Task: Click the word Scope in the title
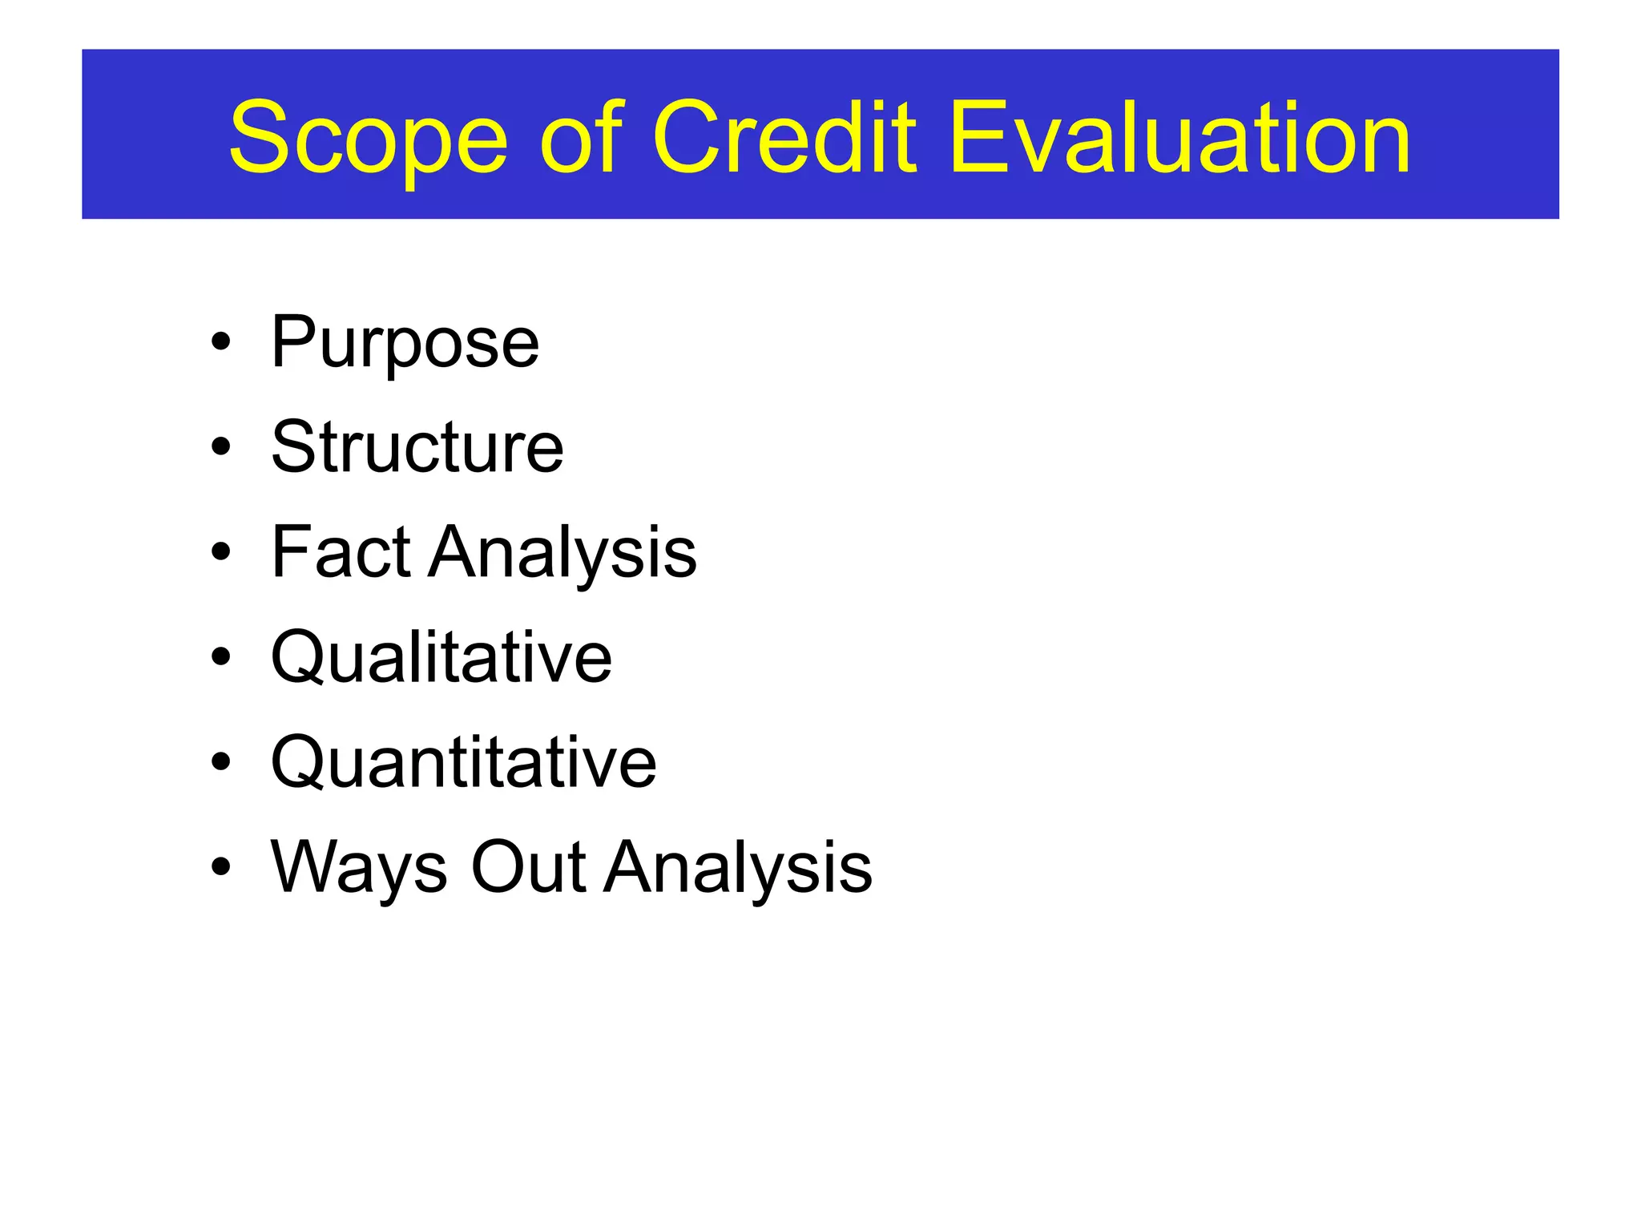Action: tap(369, 138)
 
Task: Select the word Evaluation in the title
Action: tap(1179, 138)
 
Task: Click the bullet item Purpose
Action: tap(405, 343)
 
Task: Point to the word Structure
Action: tap(417, 447)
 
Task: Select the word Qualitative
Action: tap(441, 657)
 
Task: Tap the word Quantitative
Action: tap(463, 762)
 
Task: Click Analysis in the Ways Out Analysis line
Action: tap(737, 868)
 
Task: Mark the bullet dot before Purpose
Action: tap(221, 343)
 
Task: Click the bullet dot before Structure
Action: tap(221, 446)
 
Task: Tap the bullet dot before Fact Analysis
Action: tap(221, 552)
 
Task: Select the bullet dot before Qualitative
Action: tap(221, 657)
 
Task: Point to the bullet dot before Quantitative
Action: tap(221, 762)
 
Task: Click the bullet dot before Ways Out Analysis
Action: tap(221, 867)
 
